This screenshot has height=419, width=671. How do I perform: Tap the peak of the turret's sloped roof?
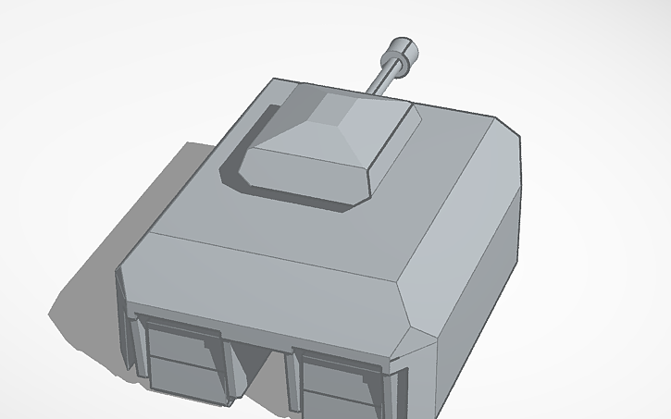point(344,108)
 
